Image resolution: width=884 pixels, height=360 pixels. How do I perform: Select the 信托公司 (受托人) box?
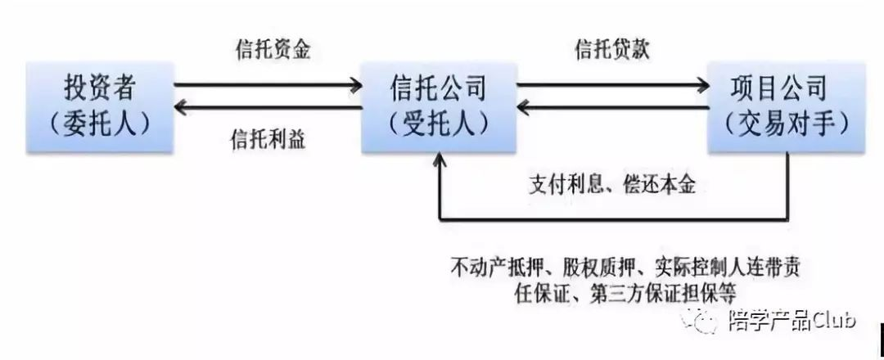tap(439, 106)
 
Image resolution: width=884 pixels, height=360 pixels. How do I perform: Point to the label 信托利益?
tap(268, 139)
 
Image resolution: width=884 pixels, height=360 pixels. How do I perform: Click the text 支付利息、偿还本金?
tap(612, 185)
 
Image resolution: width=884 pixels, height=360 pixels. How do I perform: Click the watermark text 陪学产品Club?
tap(791, 321)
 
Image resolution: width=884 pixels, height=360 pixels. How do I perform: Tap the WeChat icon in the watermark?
tap(706, 322)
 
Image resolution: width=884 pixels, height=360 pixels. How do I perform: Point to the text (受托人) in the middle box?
tap(439, 124)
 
